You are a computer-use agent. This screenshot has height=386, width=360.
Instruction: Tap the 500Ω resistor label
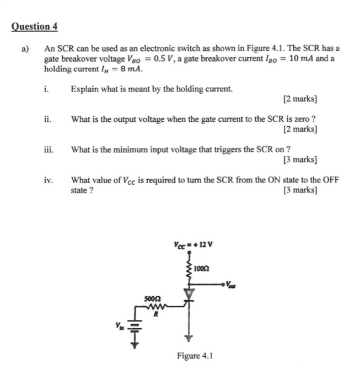point(151,297)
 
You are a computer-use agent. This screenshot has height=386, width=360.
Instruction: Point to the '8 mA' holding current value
point(129,70)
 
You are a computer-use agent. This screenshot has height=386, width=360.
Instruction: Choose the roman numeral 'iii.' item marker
point(49,149)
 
